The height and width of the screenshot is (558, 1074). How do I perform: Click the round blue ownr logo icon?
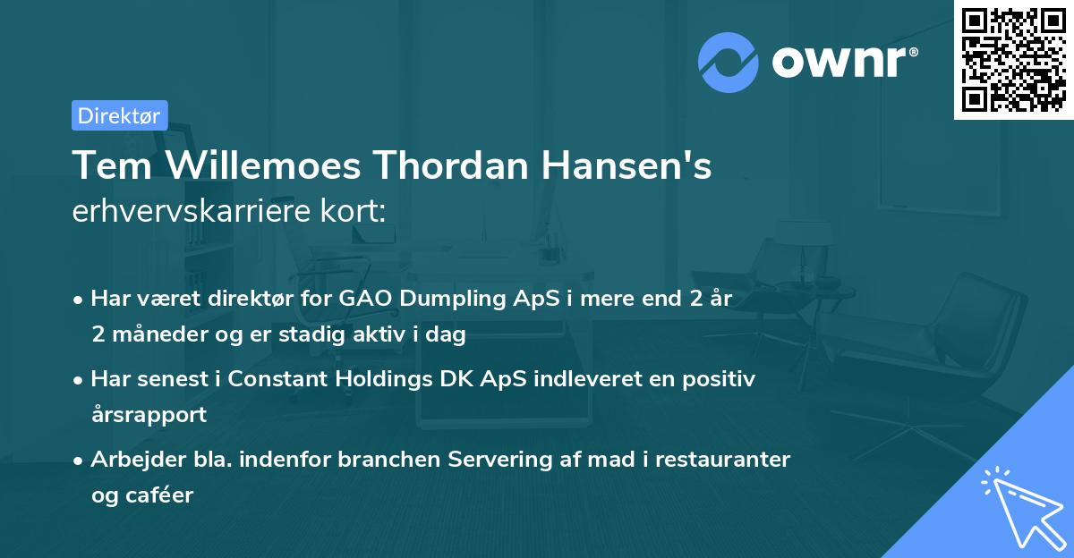[x=729, y=62]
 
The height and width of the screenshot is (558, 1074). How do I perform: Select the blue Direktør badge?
[x=119, y=115]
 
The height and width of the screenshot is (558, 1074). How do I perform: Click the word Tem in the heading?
[x=104, y=165]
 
